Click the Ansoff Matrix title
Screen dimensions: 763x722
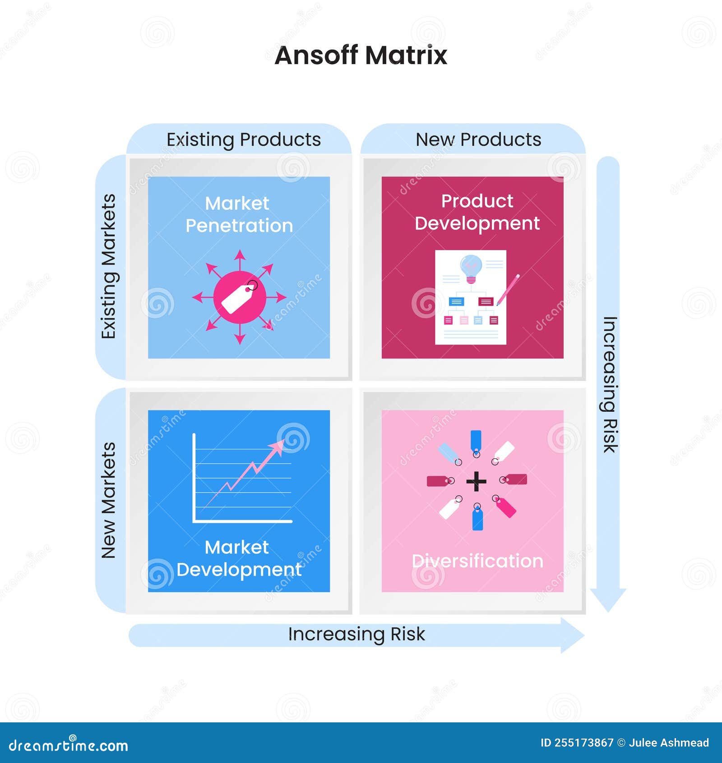pos(361,55)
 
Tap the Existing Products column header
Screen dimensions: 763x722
pos(244,140)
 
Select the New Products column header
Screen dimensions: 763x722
pos(478,140)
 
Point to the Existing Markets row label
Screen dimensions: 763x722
pos(109,266)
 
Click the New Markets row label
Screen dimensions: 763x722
pos(109,500)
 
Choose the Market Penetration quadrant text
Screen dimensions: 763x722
pos(239,214)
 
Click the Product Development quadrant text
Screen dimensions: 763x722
pos(477,212)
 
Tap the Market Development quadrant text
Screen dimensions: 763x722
pos(239,558)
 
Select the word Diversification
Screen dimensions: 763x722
pos(477,561)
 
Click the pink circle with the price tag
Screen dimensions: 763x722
pos(240,297)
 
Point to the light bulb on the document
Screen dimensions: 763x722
pos(471,268)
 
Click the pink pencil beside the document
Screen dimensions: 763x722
pos(509,289)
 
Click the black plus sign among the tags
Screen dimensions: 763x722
pos(476,481)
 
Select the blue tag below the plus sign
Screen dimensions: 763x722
pos(477,519)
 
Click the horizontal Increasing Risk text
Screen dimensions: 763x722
pos(356,634)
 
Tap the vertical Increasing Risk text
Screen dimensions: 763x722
pos(610,384)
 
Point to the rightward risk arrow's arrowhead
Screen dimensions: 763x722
pos(572,635)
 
